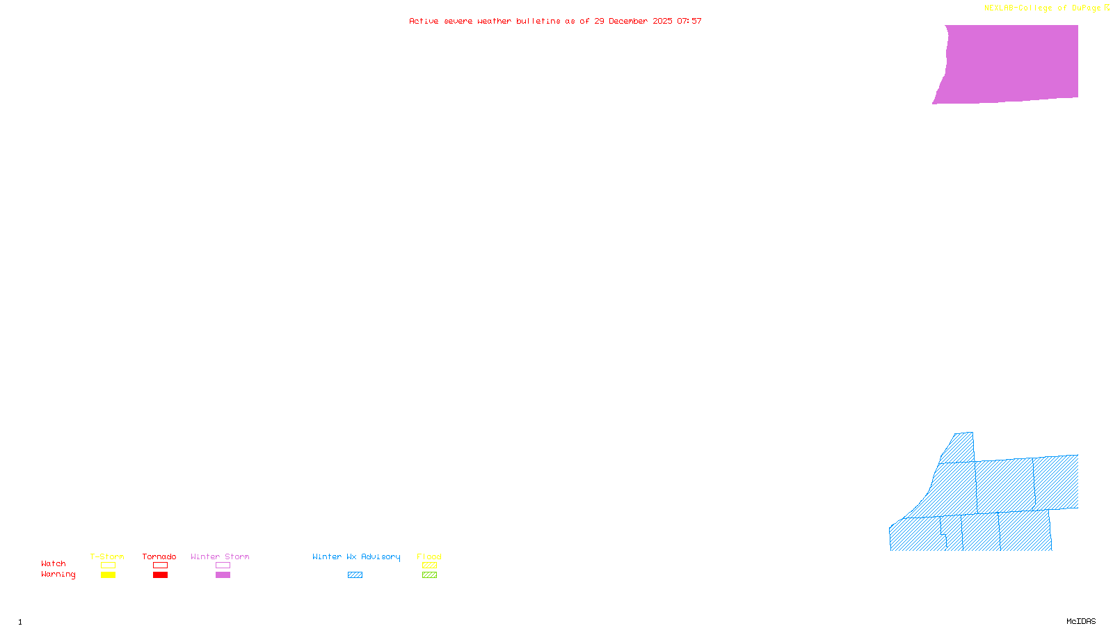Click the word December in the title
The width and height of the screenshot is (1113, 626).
(627, 21)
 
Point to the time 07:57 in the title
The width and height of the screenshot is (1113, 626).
(689, 21)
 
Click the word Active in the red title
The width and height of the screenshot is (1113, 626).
(424, 21)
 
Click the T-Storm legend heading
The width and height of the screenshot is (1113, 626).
(107, 556)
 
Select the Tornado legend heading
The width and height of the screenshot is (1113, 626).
(159, 556)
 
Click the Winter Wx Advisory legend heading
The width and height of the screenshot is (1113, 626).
(356, 556)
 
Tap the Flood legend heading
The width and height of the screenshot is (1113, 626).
(429, 556)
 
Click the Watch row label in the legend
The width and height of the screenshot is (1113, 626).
(54, 563)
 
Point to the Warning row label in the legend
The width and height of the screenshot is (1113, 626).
(58, 575)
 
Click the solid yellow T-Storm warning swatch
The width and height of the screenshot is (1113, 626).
(108, 575)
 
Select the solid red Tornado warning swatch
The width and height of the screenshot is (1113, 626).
(160, 575)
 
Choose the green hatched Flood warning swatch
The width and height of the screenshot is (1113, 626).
(429, 575)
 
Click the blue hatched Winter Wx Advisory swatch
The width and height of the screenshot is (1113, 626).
(355, 575)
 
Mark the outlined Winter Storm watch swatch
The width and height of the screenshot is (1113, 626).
(223, 565)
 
